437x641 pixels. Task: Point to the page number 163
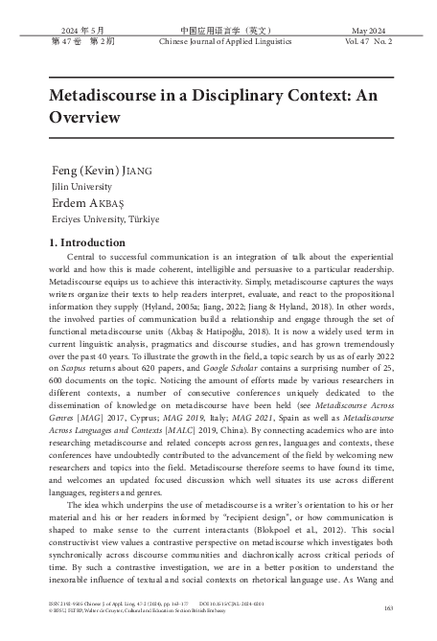[x=388, y=607]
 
